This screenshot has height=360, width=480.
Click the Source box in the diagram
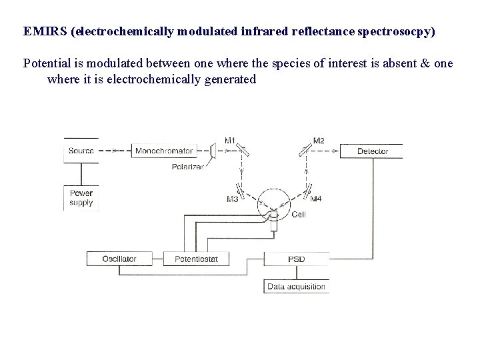click(81, 151)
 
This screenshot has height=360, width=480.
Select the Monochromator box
click(164, 151)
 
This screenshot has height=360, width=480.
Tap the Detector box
click(372, 151)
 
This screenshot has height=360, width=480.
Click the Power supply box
click(81, 198)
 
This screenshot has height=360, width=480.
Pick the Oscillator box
click(119, 258)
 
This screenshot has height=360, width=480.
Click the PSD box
click(297, 258)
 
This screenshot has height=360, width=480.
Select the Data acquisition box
click(297, 287)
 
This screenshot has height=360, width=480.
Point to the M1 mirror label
click(230, 141)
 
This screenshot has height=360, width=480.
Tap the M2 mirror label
click(319, 141)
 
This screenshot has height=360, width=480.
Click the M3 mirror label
click(233, 199)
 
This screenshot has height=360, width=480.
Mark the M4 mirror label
click(315, 199)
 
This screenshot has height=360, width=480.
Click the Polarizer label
click(187, 167)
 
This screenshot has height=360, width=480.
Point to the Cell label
click(299, 215)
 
